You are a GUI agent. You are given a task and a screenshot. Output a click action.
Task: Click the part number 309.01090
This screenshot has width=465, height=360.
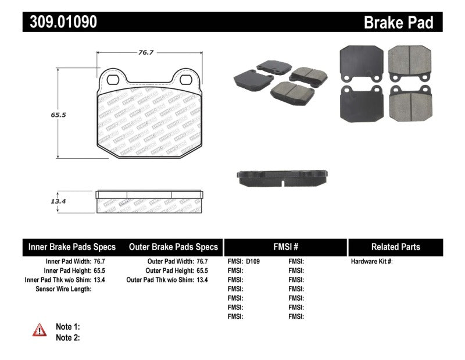pyautogui.click(x=60, y=22)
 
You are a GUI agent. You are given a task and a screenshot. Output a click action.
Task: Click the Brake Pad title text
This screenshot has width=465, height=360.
pyautogui.click(x=398, y=22)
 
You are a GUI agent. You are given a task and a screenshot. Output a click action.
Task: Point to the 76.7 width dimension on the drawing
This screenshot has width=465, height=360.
pyautogui.click(x=145, y=52)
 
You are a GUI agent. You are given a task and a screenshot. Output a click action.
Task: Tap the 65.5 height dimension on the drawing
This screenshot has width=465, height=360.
pyautogui.click(x=57, y=115)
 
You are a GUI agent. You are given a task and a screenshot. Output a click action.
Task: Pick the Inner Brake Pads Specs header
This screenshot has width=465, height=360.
pyautogui.click(x=72, y=247)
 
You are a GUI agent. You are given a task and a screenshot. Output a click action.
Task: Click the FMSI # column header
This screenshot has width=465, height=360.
pyautogui.click(x=285, y=247)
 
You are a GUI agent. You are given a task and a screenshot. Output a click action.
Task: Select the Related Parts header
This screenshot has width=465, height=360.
pyautogui.click(x=395, y=247)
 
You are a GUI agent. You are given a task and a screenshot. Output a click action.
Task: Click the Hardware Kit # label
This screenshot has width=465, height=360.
pyautogui.click(x=371, y=262)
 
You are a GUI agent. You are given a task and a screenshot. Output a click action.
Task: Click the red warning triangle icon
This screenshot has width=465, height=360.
pyautogui.click(x=40, y=330)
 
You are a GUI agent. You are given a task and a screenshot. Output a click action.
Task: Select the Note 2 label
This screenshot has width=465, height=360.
pyautogui.click(x=67, y=337)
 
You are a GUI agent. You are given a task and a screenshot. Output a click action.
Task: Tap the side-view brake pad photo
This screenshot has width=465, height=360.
pyautogui.click(x=283, y=177)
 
